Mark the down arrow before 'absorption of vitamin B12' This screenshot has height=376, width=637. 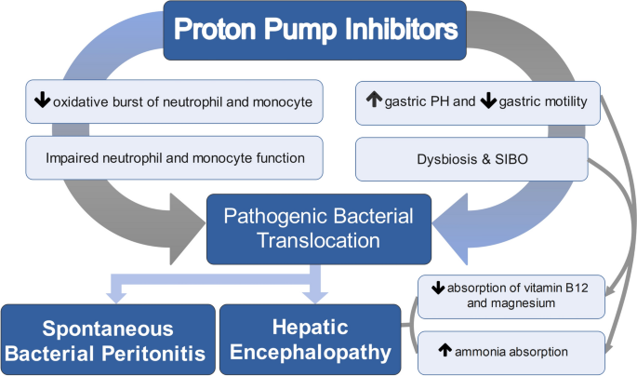tap(426, 286)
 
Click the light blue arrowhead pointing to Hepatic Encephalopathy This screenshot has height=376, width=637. tap(315, 297)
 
